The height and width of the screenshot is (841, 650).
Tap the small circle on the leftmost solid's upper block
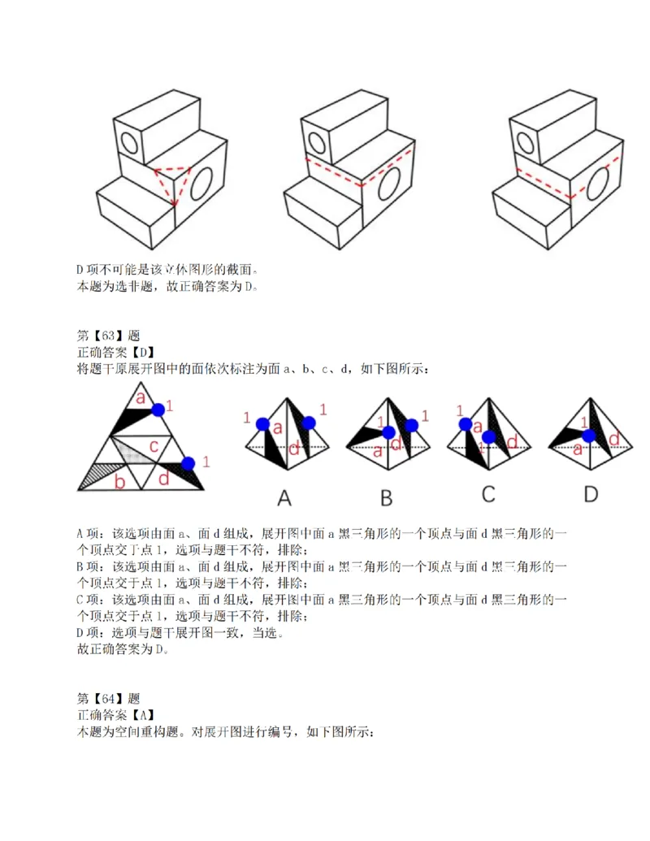pos(129,142)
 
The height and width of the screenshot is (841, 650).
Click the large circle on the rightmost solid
pos(602,181)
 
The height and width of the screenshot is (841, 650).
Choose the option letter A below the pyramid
pos(284,496)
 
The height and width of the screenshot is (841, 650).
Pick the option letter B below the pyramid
pos(386,496)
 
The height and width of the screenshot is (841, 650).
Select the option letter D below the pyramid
pos(590,495)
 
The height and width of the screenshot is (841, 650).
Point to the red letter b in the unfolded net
pos(119,483)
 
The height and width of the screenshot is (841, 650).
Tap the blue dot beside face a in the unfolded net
pos(158,410)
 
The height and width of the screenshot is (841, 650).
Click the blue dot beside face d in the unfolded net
pos(188,463)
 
